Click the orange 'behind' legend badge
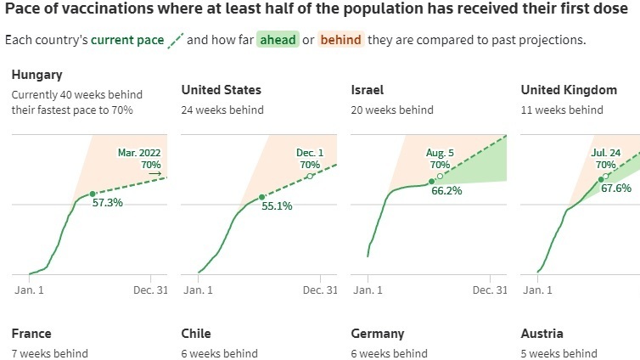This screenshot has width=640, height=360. (342, 41)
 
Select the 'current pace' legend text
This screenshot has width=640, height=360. (127, 41)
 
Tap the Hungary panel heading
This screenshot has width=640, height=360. (37, 75)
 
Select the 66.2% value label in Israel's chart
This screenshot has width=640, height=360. (446, 192)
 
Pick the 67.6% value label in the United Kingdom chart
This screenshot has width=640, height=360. (615, 188)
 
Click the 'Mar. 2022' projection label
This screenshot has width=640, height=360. (139, 153)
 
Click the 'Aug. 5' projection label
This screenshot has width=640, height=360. (440, 153)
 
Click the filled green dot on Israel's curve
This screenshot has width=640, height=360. (431, 181)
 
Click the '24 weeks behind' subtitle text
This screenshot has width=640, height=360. (222, 110)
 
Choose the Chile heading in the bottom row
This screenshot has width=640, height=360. (196, 334)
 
